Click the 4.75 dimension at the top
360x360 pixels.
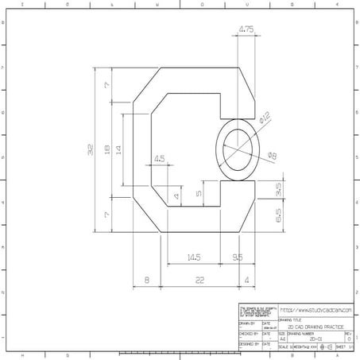pos(246,31)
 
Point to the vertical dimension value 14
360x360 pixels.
pos(118,149)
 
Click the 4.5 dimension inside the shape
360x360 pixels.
pos(159,159)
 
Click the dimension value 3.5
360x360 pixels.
pos(279,189)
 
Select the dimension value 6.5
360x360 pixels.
pos(279,215)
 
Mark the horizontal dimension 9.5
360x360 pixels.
pos(238,257)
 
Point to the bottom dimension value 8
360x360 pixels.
pos(147,280)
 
